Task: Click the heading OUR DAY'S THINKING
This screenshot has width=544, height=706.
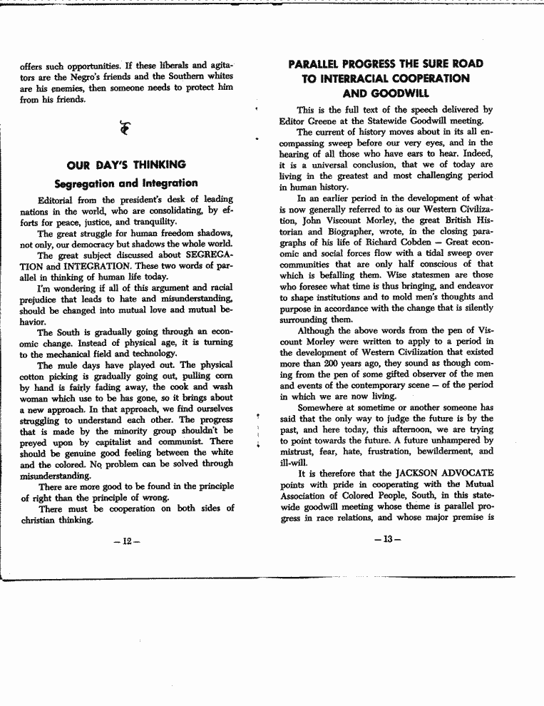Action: [125, 165]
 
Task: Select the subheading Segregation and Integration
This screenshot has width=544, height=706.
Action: [125, 183]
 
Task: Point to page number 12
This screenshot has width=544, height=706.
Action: [126, 541]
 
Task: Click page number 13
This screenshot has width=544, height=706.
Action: [386, 539]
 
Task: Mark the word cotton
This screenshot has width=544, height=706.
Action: [34, 376]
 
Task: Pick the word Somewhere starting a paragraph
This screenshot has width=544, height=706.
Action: [321, 407]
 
